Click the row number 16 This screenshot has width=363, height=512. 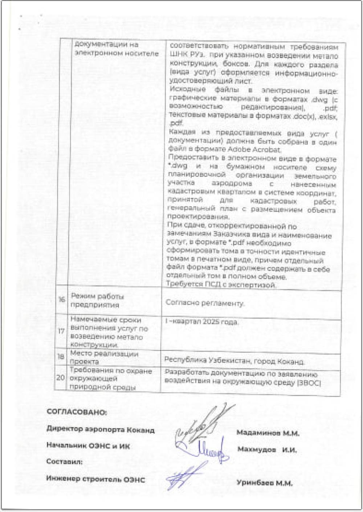[x=62, y=300]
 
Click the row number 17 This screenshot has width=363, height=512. [x=62, y=331]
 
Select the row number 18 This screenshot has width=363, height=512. [x=61, y=357]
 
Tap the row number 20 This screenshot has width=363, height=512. [x=60, y=378]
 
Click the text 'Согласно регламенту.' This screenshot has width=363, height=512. [x=205, y=303]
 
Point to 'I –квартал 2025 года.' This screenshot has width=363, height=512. [x=202, y=322]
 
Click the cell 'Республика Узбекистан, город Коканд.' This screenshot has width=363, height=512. [x=234, y=361]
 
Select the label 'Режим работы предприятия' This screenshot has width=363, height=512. [x=97, y=300]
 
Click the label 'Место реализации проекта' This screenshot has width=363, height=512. [x=104, y=357]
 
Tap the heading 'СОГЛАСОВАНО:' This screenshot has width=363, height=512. [x=77, y=412]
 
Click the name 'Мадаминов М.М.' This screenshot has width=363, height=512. [x=268, y=433]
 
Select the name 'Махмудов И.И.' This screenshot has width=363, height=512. [x=267, y=450]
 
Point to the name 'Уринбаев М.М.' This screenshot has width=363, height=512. [x=265, y=483]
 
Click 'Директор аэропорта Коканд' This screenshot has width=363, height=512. [x=101, y=430]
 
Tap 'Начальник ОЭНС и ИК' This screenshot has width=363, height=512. [x=88, y=446]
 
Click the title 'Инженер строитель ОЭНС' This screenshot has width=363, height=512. [x=95, y=479]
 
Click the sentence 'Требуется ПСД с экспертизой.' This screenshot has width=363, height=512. [x=221, y=285]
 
